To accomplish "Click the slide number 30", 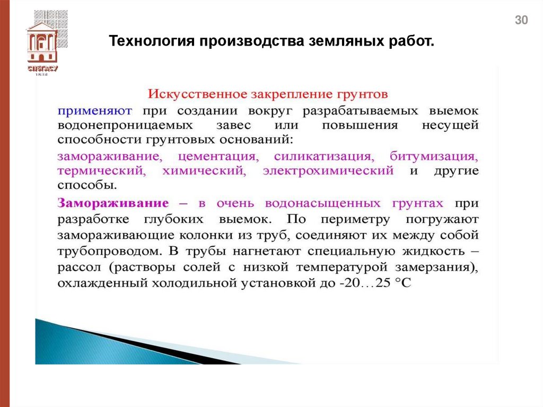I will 522,21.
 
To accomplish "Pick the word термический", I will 101,171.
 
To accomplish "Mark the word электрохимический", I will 328,171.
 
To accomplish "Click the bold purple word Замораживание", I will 113,203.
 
